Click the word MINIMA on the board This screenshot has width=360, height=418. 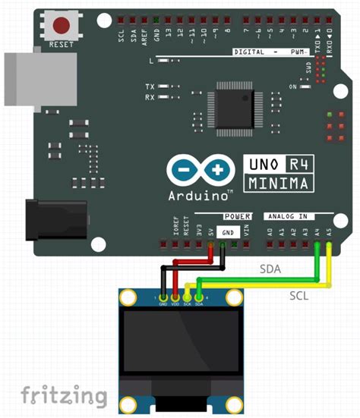point(278,183)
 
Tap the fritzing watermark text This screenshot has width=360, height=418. point(63,394)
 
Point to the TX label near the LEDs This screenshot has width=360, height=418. point(150,87)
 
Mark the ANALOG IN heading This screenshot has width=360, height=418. point(287,215)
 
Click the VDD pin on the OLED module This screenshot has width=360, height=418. point(175,301)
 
